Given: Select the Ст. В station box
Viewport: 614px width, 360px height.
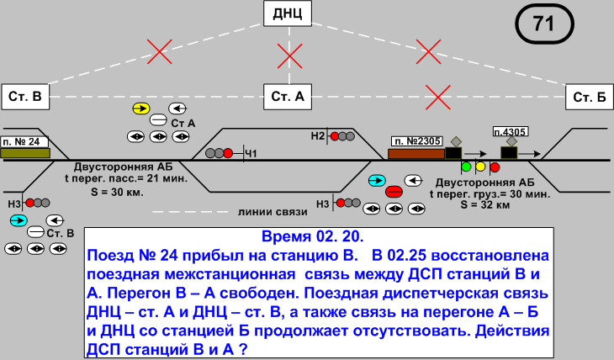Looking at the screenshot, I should [x=25, y=97].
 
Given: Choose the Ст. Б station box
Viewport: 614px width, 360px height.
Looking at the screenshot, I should [x=589, y=97].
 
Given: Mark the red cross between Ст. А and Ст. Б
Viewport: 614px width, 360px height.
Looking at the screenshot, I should [x=436, y=97].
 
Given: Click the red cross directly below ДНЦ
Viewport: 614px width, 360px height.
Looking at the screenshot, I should [x=289, y=56].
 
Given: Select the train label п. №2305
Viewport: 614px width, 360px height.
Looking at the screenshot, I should [x=416, y=141].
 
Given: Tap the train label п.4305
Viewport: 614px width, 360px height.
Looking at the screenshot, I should [x=510, y=132].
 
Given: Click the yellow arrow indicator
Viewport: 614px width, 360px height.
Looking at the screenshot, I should [x=140, y=109].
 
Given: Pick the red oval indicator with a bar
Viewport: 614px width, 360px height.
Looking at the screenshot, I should [x=394, y=192].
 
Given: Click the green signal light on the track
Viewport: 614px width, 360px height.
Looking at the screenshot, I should [x=466, y=167].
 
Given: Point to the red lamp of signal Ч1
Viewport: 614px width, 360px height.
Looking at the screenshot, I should [x=228, y=153].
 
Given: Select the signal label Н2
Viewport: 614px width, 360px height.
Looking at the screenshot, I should [x=317, y=135].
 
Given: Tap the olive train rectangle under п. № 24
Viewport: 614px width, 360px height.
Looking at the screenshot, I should [x=25, y=153].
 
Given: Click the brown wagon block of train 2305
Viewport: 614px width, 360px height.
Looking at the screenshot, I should [x=416, y=153].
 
